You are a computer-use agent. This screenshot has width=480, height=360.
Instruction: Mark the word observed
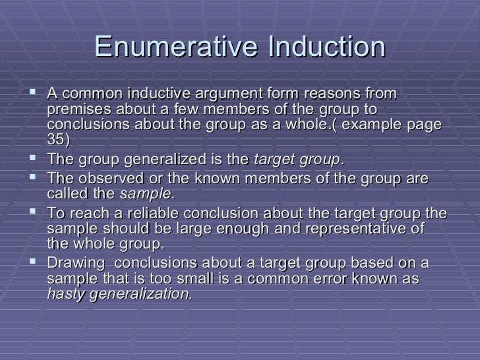click(x=105, y=179)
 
